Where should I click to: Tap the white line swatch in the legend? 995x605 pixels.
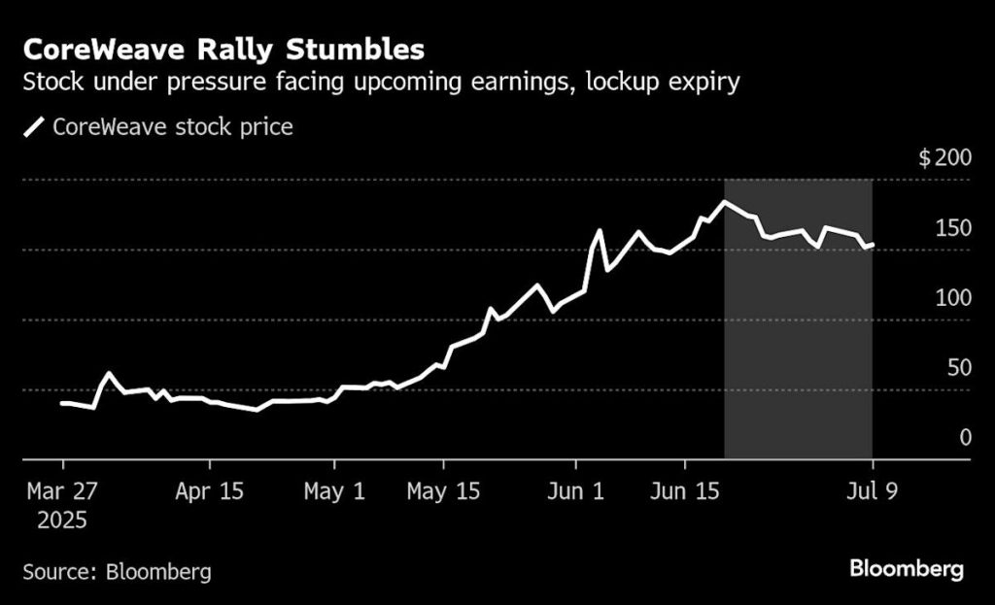35,127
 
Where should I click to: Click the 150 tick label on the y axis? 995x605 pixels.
952,228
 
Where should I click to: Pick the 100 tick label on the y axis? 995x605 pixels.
952,298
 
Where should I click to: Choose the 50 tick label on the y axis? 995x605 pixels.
958,368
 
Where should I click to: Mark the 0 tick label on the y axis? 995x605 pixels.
965,438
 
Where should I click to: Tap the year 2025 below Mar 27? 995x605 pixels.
62,521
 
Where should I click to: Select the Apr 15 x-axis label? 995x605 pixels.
209,491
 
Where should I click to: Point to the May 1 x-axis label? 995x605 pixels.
334,491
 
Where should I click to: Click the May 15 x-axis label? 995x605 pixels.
443,491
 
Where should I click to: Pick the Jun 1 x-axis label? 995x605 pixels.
576,491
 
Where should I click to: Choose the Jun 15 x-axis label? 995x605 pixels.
686,491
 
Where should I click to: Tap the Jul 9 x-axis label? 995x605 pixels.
872,491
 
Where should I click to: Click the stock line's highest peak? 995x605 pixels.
724,202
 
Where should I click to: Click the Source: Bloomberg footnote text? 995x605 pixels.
117,571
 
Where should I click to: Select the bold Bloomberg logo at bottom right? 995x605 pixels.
907,569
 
